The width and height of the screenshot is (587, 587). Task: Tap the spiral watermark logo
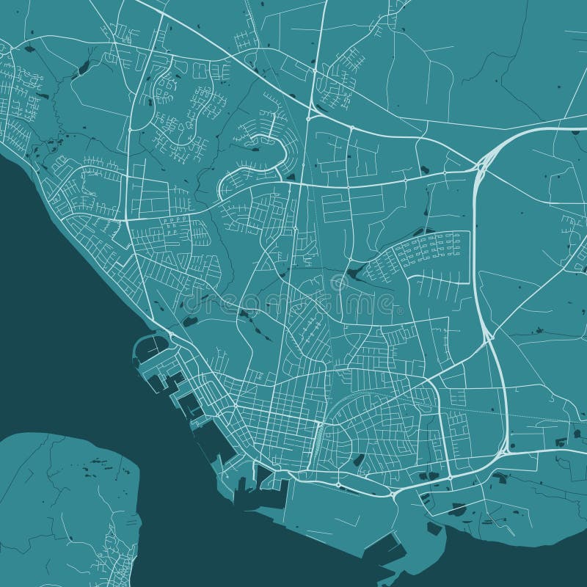click(339, 282)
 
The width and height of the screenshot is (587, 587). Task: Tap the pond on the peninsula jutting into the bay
click(459, 508)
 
